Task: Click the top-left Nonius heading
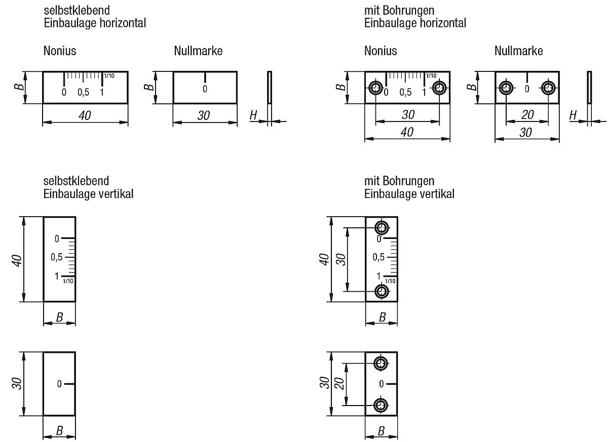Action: [x=60, y=51]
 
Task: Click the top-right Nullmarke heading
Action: [x=518, y=51]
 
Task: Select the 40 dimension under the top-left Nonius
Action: [x=85, y=115]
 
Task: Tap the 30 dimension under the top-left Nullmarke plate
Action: [x=203, y=115]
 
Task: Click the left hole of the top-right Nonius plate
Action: [x=376, y=88]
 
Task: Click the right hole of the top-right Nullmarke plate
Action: [x=548, y=88]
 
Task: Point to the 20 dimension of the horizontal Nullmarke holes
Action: [x=527, y=115]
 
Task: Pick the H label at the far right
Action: [x=573, y=115]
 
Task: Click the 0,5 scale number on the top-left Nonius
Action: [x=83, y=92]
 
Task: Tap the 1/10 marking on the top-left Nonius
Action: [x=109, y=76]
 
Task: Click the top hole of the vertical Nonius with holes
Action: [x=382, y=227]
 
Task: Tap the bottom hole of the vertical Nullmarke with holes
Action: [x=381, y=405]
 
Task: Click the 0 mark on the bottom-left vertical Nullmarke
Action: [x=59, y=384]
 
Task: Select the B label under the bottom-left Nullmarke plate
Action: [x=59, y=431]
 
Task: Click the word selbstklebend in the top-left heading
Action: [x=77, y=10]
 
